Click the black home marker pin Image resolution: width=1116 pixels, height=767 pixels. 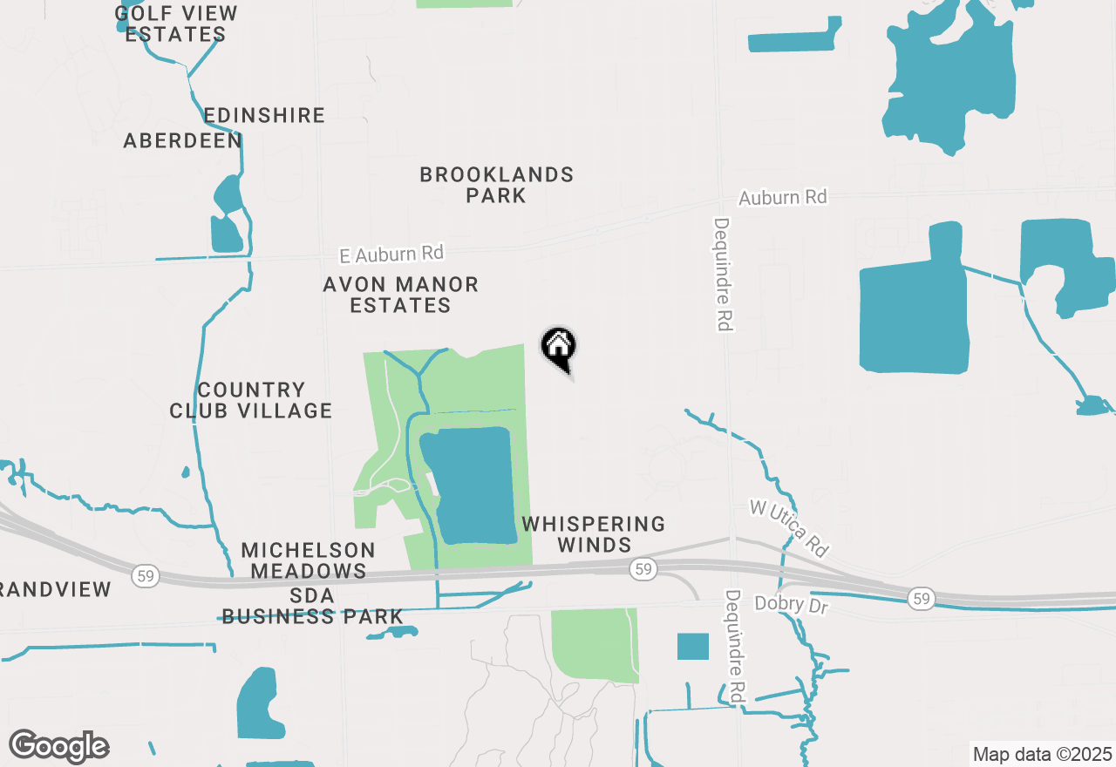(558, 347)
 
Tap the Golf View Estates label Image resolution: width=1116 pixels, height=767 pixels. (176, 24)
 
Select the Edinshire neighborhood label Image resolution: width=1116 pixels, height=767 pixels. (264, 115)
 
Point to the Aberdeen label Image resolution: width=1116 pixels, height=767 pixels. (182, 140)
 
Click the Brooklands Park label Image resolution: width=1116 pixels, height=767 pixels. (496, 185)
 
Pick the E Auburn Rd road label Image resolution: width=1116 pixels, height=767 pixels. (391, 254)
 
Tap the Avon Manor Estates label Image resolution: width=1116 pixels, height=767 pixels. (400, 295)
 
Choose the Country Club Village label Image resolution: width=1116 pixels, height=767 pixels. (251, 400)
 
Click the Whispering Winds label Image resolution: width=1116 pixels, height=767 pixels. (594, 534)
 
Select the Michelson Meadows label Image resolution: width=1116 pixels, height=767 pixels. (308, 560)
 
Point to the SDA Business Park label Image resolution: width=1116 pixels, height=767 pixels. (312, 606)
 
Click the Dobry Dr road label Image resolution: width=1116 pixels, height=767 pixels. (791, 603)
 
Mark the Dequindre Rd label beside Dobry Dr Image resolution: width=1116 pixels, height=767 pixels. (735, 647)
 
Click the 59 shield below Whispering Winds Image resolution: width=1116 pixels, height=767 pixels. (643, 569)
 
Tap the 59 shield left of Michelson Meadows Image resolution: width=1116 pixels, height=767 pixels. (146, 575)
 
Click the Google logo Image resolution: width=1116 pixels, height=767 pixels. (58, 746)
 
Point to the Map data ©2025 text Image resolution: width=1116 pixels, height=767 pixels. (1042, 754)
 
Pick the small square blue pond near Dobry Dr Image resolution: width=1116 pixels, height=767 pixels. (693, 646)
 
